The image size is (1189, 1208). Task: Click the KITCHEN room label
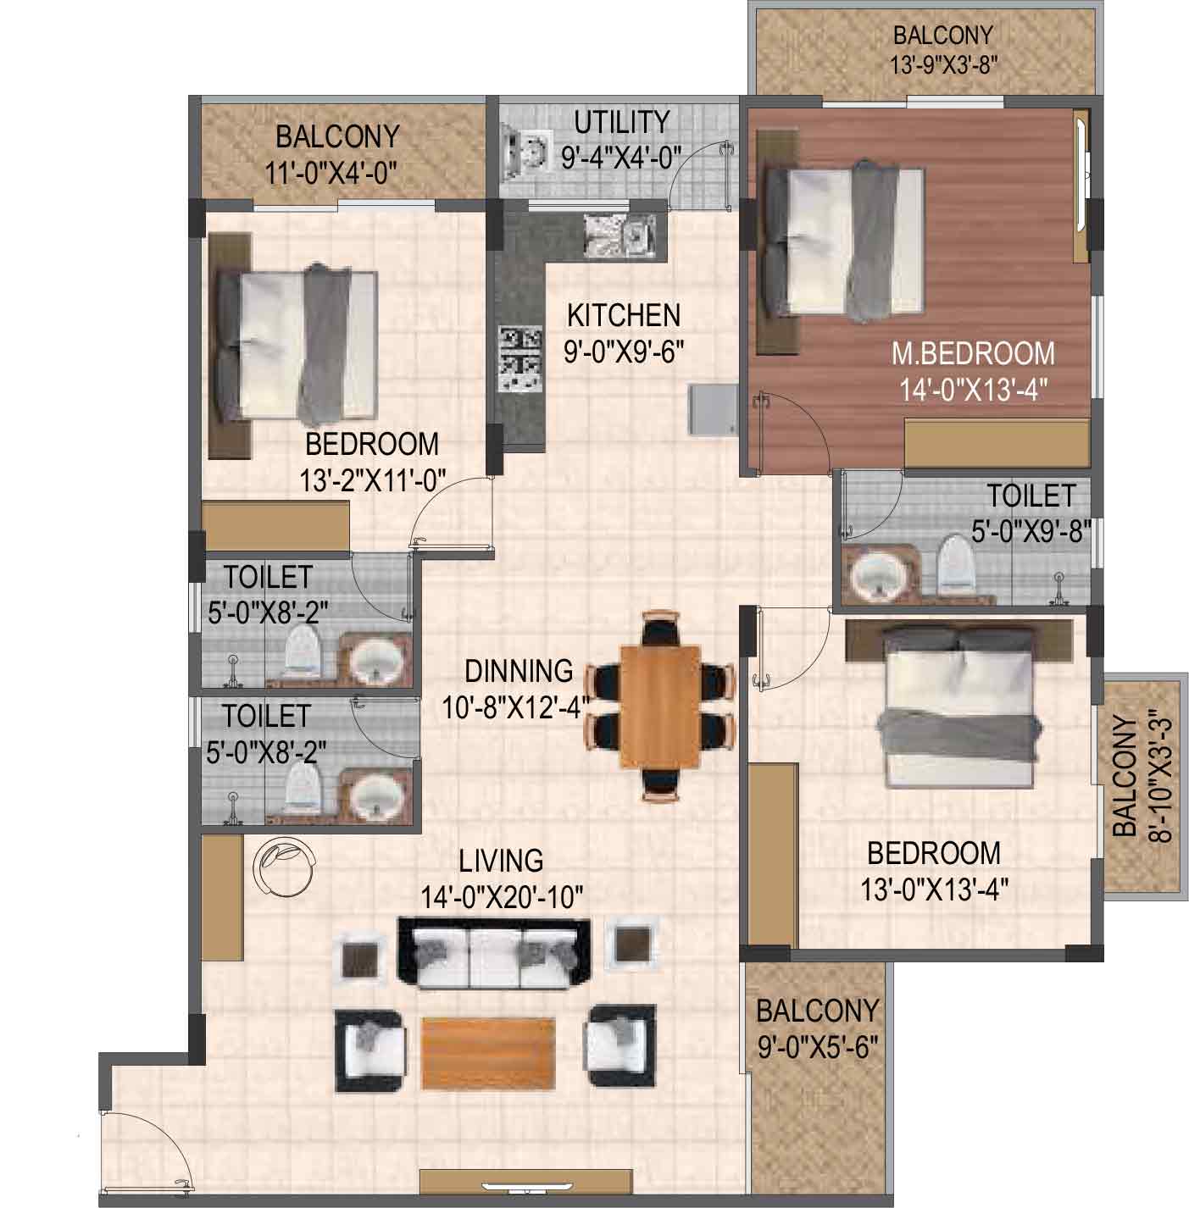623,315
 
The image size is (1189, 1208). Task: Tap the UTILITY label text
622,122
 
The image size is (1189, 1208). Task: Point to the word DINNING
519,671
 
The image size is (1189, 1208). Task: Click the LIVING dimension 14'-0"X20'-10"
502,897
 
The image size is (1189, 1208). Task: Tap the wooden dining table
660,706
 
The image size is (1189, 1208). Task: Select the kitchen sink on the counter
620,236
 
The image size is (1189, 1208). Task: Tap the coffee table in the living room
489,1055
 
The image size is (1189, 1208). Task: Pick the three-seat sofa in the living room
494,951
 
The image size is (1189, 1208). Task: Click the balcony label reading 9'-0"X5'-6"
818,1048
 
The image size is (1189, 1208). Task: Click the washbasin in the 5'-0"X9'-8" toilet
879,574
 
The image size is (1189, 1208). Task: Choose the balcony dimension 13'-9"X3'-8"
944,64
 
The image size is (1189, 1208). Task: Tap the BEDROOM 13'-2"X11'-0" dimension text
372,481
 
